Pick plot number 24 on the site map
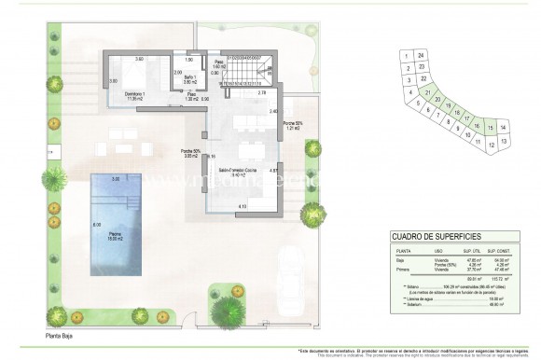click(x=422, y=56)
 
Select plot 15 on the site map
click(x=490, y=126)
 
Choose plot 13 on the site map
click(x=504, y=142)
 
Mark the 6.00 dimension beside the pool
click(x=96, y=226)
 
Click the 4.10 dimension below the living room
click(x=242, y=206)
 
